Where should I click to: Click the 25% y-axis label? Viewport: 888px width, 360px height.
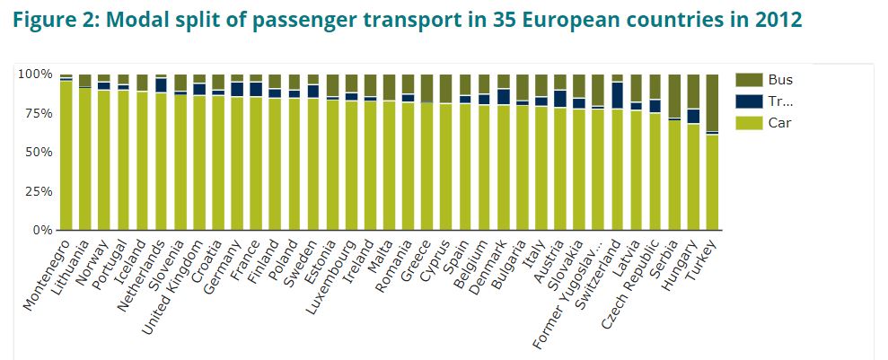tap(37, 191)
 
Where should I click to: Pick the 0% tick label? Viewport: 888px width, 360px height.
tap(40, 231)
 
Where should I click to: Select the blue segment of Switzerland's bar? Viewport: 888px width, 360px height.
tap(617, 95)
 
